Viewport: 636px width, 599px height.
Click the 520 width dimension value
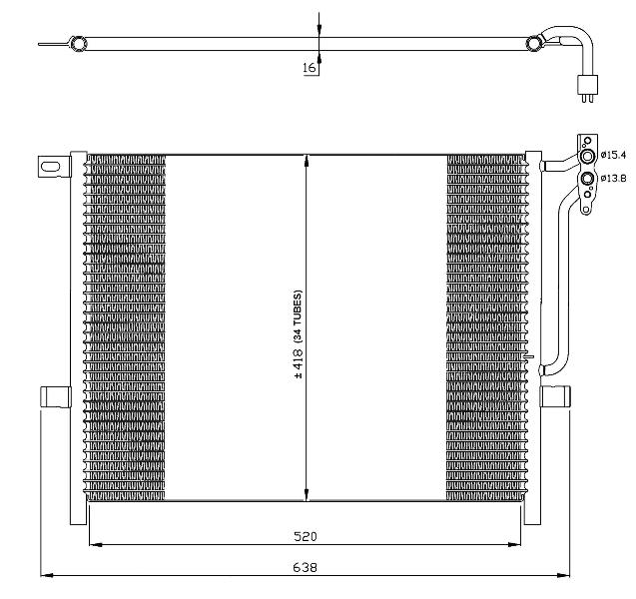pos(306,536)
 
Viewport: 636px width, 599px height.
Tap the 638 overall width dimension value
pos(306,567)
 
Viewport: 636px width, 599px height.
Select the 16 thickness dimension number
pos(310,67)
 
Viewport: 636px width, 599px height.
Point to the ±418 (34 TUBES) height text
pos(299,334)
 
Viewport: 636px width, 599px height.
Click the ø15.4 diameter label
pos(614,155)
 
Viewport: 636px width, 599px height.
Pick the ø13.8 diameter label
pos(614,178)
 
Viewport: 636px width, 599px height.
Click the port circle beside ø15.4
pos(587,156)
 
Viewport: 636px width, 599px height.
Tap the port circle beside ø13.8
pos(587,179)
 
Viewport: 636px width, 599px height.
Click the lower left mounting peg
pos(56,397)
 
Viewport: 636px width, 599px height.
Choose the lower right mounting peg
pos(555,396)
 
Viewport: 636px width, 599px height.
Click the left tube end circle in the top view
pos(77,43)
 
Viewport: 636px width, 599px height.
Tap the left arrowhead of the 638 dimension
pos(47,575)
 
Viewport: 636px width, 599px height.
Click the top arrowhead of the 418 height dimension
pos(306,161)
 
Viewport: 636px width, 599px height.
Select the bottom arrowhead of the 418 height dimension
pos(306,494)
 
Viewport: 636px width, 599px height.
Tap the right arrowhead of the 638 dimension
pos(563,575)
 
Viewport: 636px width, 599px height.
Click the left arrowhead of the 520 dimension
pos(95,545)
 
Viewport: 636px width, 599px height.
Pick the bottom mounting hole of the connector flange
pos(586,210)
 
